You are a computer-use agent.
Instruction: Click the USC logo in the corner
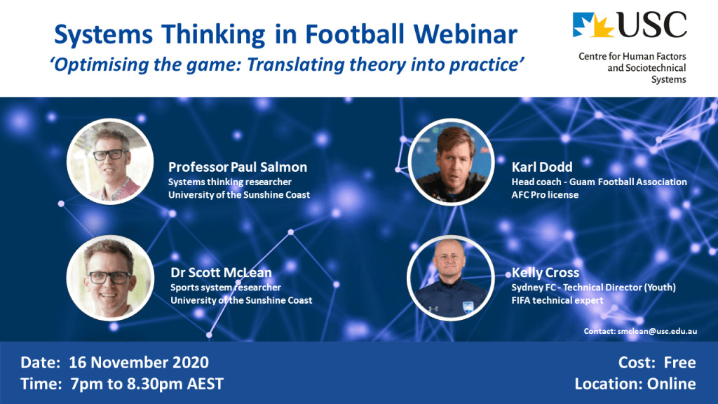coord(629,25)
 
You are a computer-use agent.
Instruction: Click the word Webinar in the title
coord(466,34)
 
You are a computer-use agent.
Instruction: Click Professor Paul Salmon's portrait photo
coord(110,161)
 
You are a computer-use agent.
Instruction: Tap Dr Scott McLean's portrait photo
coord(110,278)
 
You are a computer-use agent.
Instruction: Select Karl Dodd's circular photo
coord(451,162)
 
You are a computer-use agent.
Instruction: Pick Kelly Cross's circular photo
coord(451,278)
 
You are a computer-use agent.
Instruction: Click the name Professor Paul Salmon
coord(238,167)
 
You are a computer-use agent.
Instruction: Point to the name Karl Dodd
coord(542,167)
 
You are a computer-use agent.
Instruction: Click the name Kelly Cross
coord(546,273)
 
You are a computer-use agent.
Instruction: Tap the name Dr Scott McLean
coord(221,273)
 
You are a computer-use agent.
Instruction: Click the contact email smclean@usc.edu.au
coord(657,331)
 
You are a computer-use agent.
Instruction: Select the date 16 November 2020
coord(139,363)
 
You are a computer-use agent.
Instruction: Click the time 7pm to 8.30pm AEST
coord(147,384)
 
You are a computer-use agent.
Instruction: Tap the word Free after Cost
coord(680,363)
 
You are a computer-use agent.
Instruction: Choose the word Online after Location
coord(671,384)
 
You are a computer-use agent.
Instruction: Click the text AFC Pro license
coord(545,195)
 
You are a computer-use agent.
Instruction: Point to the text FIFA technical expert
coord(557,300)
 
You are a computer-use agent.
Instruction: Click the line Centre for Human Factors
coord(632,56)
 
